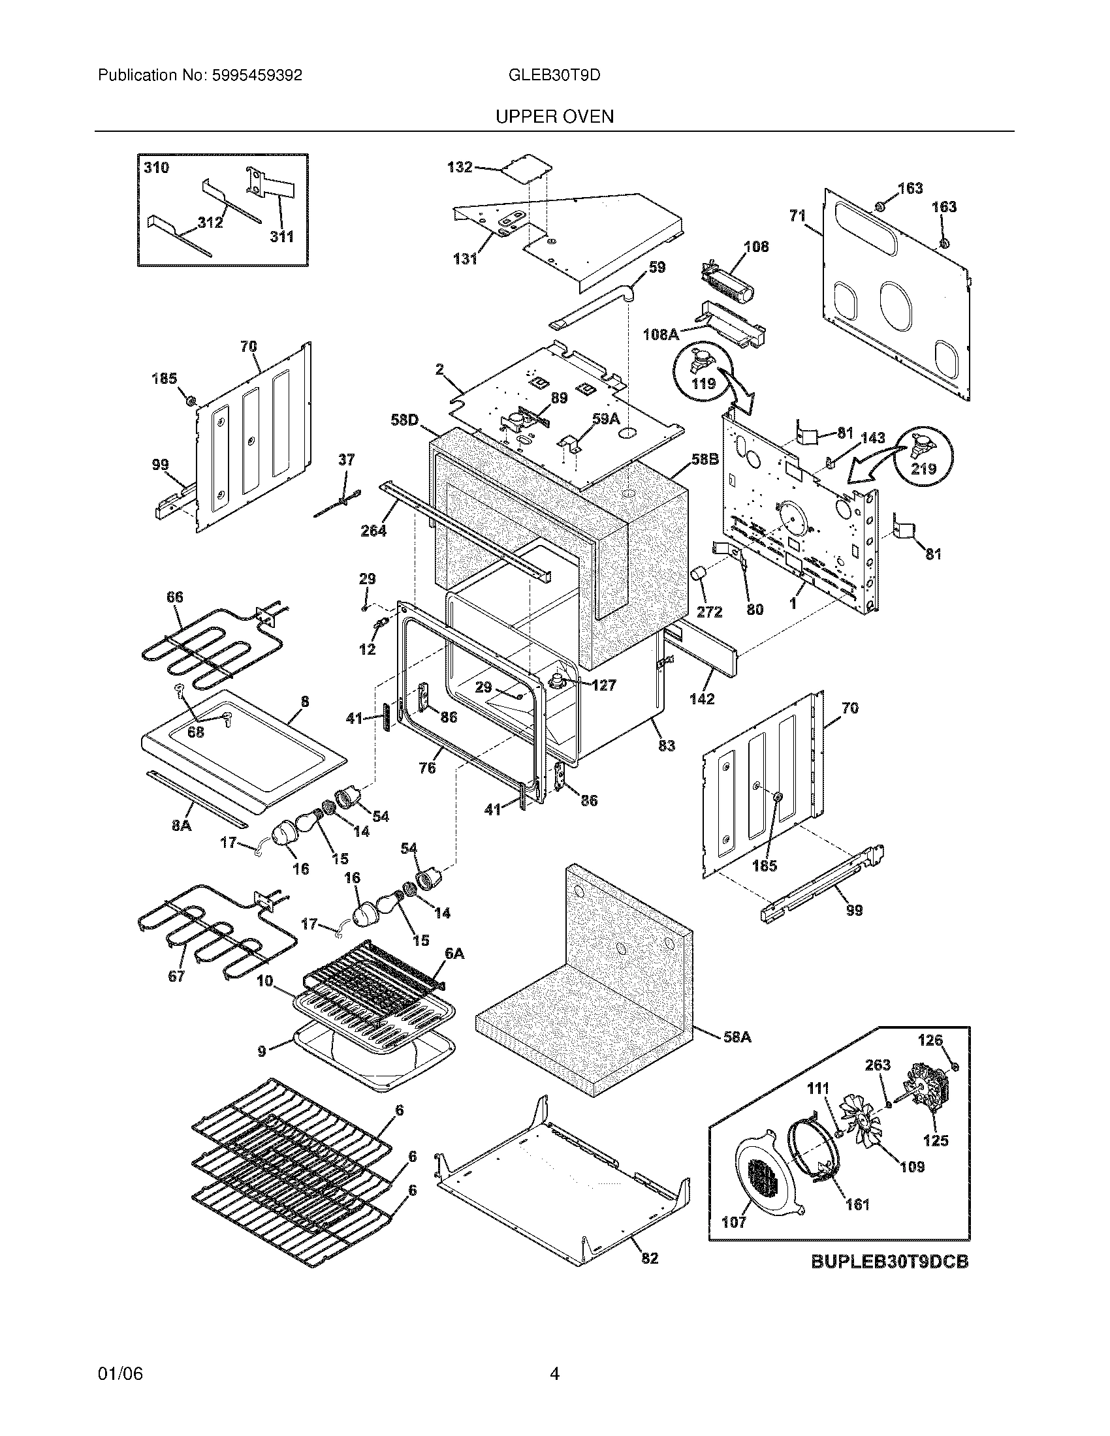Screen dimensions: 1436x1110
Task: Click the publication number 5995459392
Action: coord(257,76)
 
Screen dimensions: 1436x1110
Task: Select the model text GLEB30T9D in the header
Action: coord(554,76)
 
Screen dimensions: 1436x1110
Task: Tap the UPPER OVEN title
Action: coord(554,117)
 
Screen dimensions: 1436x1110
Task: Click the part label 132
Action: coord(460,167)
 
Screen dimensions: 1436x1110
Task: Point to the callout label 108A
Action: coord(660,335)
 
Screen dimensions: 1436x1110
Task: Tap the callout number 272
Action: coord(709,612)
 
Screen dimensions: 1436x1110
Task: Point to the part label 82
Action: coord(650,1258)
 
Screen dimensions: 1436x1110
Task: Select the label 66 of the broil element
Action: coord(175,597)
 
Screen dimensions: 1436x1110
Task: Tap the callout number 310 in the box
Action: coord(157,168)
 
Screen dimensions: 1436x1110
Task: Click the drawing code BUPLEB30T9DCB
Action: coord(889,1262)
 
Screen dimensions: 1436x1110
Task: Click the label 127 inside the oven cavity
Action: coord(603,685)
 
